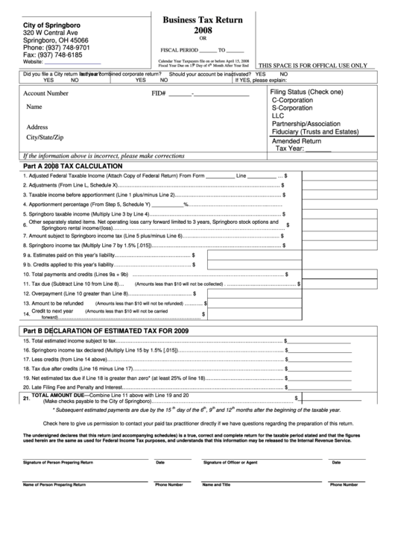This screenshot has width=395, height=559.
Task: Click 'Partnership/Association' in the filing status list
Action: coord(312,124)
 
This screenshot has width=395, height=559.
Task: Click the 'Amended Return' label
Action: coord(297,141)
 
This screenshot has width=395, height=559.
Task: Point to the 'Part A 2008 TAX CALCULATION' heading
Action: coord(68,166)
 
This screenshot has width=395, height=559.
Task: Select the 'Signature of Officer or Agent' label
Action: coord(231,463)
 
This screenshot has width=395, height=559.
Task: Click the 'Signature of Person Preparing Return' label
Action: coord(58,463)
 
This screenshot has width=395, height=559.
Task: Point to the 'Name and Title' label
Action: coord(217,484)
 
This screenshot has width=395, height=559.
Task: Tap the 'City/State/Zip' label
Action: coord(45,137)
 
